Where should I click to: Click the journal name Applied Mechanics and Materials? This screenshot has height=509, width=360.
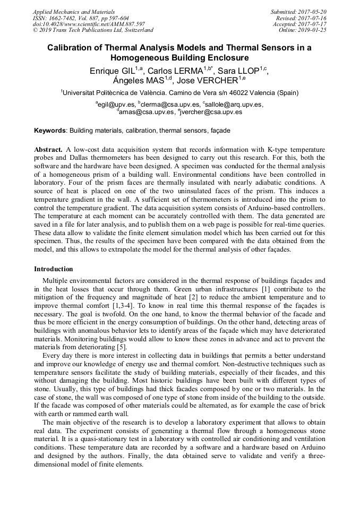[74, 12]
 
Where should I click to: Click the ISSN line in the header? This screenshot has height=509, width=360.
[80, 18]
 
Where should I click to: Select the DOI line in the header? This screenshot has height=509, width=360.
[88, 24]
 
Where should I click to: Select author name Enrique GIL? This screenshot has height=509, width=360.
[112, 71]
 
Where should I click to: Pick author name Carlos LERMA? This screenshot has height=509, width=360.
[175, 71]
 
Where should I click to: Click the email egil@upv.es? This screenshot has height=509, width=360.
[116, 105]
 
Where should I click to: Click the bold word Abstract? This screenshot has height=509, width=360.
[48, 150]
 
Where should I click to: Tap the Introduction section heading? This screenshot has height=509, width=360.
[54, 269]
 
